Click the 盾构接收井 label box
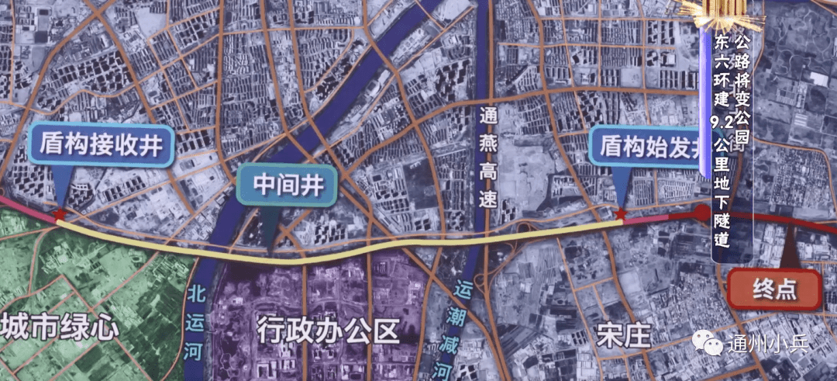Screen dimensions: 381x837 click(x=101, y=146)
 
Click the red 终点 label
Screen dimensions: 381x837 click(x=775, y=289)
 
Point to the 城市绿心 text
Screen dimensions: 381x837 click(x=60, y=327)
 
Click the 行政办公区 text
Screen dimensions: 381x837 click(x=329, y=331)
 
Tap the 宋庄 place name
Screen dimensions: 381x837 click(x=622, y=334)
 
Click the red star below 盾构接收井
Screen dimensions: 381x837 click(x=59, y=214)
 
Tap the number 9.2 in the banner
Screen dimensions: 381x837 click(x=722, y=122)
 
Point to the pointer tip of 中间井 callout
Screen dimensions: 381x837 click(x=267, y=248)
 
